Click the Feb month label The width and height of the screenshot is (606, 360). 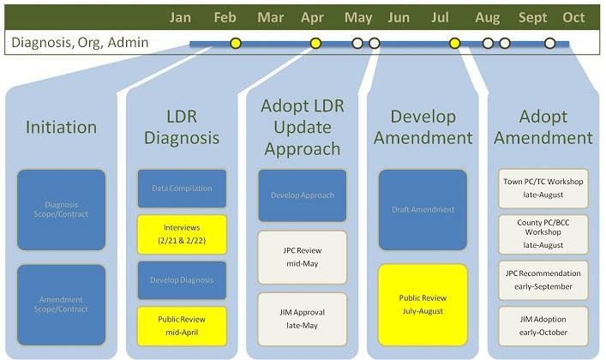225,17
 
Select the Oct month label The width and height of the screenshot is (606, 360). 573,17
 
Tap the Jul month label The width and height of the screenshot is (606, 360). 440,17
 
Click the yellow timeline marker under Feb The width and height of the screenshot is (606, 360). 236,43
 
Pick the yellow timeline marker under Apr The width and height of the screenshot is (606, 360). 315,43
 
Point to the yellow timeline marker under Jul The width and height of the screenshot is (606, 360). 454,43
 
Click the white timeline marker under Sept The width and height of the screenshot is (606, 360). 550,43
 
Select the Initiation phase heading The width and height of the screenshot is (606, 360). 61,128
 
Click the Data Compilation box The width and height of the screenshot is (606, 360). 182,188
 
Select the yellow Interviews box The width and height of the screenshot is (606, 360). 182,234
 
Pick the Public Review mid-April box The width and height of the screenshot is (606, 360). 182,325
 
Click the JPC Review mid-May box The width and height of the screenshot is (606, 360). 302,257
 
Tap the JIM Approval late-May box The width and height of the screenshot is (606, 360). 302,319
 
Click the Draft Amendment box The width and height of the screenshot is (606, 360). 423,210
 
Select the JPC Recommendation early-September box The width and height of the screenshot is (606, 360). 543,279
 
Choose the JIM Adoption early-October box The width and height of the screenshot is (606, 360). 543,326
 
